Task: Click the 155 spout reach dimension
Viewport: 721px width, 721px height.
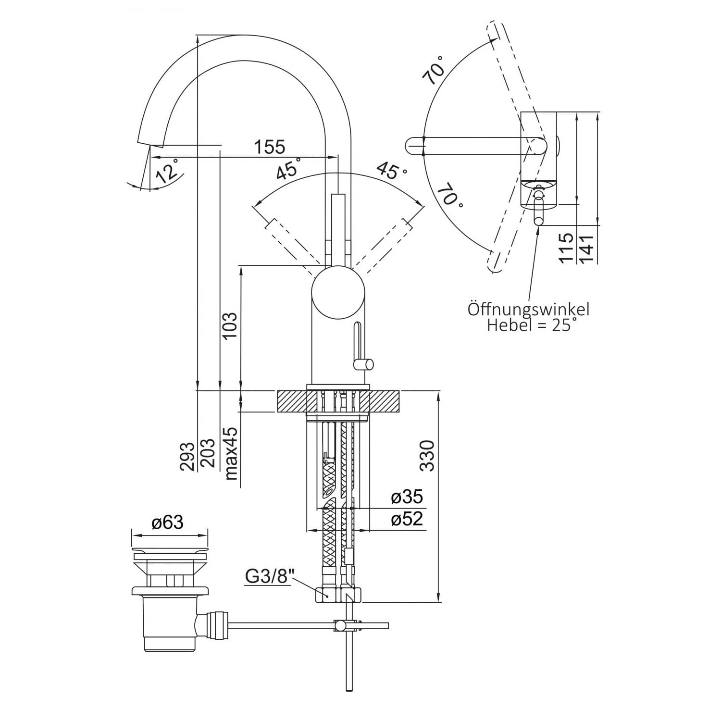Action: (270, 147)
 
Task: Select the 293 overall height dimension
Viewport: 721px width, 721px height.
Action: (188, 456)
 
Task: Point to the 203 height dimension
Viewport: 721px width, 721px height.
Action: (209, 453)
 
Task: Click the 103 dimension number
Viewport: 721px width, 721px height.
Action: (230, 326)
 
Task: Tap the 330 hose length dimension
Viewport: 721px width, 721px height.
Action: (426, 455)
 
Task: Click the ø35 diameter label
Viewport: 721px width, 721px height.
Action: (407, 497)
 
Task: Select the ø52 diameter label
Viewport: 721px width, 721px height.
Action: (407, 519)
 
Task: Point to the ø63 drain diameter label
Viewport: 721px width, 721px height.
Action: (167, 522)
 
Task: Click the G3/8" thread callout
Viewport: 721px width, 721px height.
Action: (269, 576)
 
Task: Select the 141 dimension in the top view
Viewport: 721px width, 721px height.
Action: (588, 248)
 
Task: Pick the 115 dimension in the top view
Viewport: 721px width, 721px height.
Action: (567, 248)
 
